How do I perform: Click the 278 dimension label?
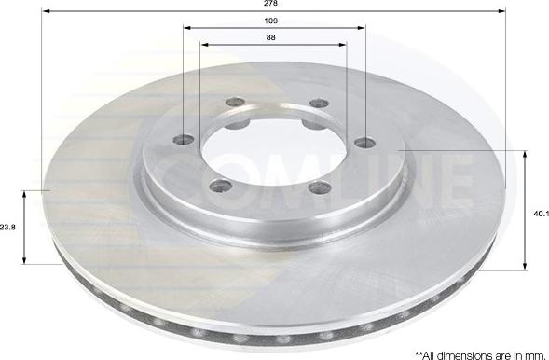(x=270, y=3)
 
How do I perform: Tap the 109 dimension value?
(x=270, y=21)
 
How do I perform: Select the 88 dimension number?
(x=270, y=37)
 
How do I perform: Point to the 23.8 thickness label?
(x=7, y=228)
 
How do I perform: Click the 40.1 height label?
(x=541, y=214)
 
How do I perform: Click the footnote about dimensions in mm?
(x=482, y=355)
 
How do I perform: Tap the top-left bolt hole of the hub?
(x=235, y=103)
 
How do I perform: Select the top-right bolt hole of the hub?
(x=320, y=103)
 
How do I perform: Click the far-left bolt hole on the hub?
(x=184, y=140)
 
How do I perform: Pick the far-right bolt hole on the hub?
(x=365, y=143)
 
